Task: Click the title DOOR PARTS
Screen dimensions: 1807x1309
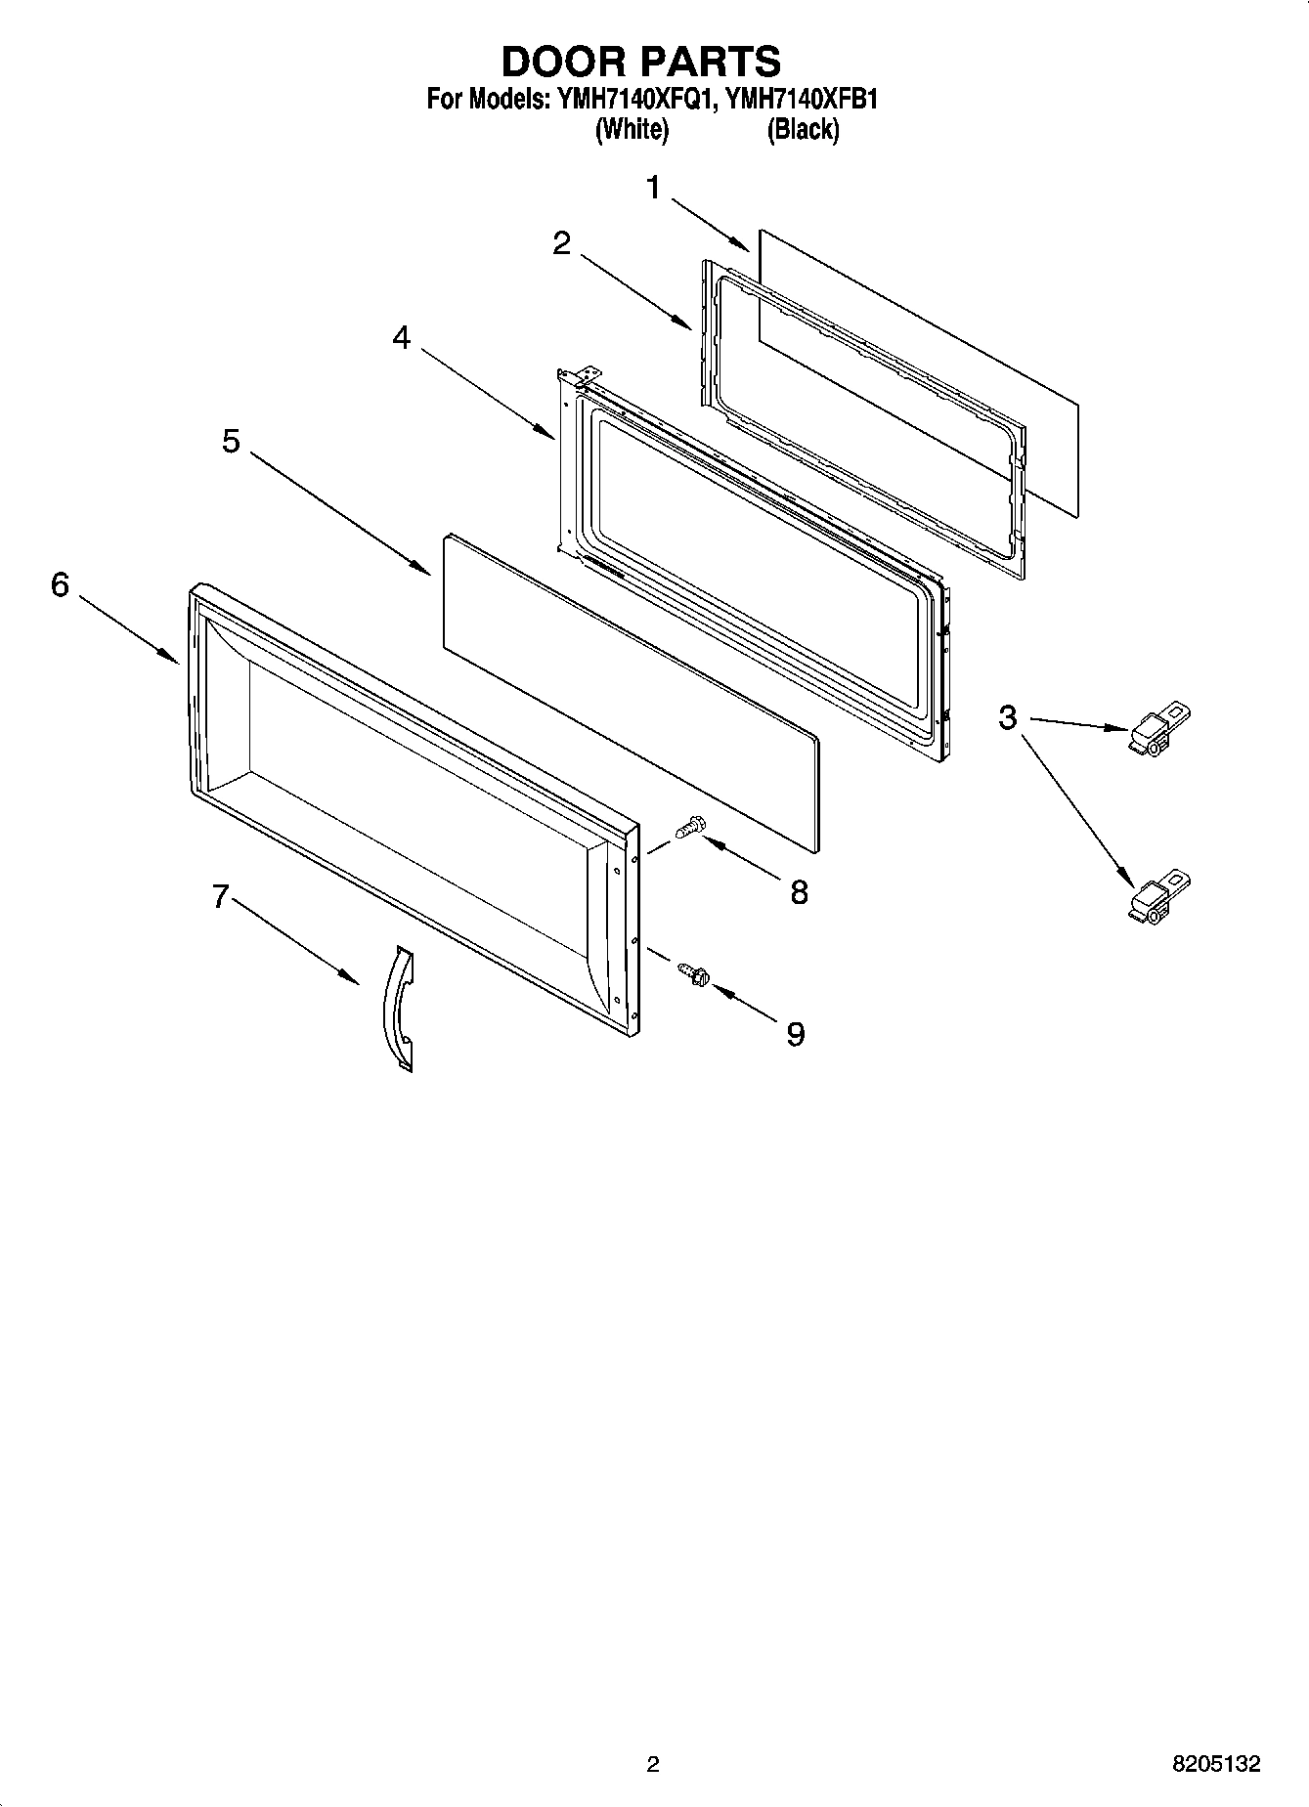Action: (640, 61)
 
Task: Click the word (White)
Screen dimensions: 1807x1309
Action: (632, 129)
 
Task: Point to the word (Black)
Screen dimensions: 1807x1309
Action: (803, 129)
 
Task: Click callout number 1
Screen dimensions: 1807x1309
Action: (654, 188)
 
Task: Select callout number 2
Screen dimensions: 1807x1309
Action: (561, 243)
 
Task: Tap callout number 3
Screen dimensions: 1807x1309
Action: (1007, 717)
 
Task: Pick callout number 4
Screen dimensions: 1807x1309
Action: (401, 337)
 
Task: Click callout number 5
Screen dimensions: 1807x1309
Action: (230, 441)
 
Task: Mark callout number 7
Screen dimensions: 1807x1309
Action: (221, 895)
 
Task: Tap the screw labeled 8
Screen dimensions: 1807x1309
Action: (689, 828)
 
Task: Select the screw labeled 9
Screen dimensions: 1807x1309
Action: (692, 972)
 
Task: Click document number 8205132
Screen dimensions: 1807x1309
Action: (1216, 1764)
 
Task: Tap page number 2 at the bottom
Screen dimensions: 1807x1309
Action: (653, 1764)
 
